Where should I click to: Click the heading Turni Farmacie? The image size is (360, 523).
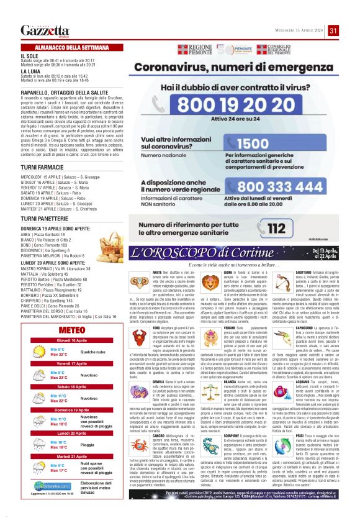(x=40, y=168)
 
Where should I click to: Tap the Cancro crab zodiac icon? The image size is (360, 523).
(x=140, y=445)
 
